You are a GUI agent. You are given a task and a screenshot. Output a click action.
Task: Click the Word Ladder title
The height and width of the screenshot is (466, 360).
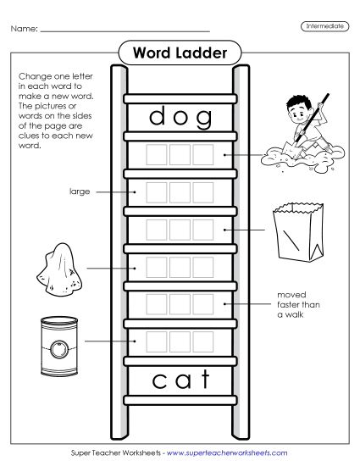[x=180, y=53]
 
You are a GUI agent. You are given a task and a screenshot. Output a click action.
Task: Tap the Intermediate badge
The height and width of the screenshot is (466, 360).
[x=324, y=27]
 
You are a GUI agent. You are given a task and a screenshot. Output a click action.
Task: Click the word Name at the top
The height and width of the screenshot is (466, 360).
[x=24, y=30]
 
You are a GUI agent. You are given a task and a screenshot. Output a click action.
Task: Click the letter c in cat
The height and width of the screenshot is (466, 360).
[x=158, y=380]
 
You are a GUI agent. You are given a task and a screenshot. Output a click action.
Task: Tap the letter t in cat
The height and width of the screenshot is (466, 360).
[x=203, y=379]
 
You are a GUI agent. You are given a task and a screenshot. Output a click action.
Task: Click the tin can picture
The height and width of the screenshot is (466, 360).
[x=58, y=341]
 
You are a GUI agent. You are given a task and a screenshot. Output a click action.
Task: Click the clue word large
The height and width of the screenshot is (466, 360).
[x=80, y=191]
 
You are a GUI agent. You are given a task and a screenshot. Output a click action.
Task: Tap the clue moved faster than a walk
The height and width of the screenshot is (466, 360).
[x=296, y=304]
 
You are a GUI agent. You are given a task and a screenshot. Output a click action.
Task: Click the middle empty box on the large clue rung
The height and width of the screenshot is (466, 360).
[x=180, y=192]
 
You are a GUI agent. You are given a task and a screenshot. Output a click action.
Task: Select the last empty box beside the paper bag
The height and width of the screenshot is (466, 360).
[x=203, y=230]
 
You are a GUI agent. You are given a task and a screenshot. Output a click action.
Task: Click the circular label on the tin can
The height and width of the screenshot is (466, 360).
[x=58, y=347]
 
